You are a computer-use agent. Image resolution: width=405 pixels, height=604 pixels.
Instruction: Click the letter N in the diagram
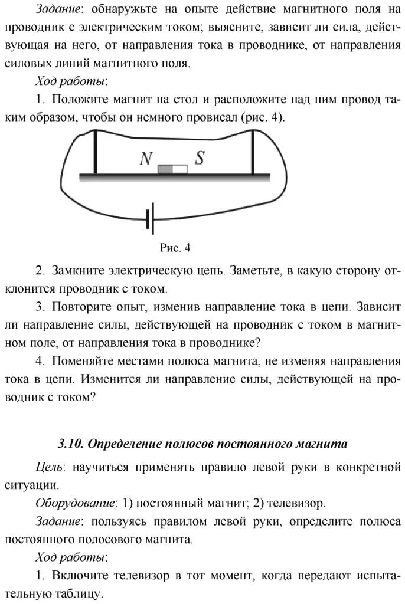coord(146,159)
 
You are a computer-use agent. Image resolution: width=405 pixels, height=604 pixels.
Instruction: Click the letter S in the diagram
coord(200,158)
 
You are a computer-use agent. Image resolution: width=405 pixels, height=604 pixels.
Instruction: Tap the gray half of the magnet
coord(165,170)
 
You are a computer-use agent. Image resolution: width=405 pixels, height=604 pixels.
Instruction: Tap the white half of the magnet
coord(180,170)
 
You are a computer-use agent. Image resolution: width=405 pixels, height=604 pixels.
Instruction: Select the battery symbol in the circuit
coord(150,220)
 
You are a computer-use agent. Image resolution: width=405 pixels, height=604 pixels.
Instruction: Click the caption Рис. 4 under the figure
coord(175,248)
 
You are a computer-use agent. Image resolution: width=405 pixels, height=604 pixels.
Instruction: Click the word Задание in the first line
coord(58,9)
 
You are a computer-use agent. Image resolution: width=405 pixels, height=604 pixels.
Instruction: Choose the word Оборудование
coord(75,503)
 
